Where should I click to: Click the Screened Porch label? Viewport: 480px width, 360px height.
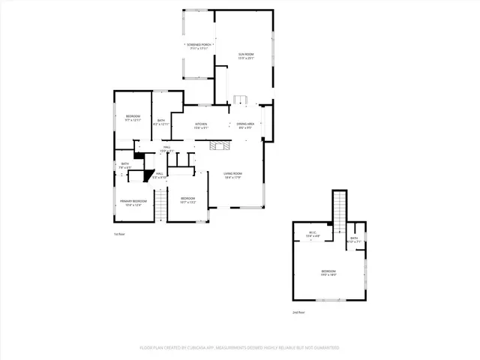tap(199, 46)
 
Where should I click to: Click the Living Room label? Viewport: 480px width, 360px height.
tap(232, 175)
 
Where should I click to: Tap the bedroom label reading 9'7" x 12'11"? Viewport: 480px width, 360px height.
tap(133, 118)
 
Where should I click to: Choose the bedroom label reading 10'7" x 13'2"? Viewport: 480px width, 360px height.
tap(187, 199)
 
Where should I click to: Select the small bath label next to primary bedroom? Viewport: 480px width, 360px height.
tap(125, 165)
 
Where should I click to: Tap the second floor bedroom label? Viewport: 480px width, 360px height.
tap(328, 272)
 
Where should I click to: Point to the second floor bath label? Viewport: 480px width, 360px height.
tap(354, 239)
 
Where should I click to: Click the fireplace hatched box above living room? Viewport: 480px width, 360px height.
tap(218, 145)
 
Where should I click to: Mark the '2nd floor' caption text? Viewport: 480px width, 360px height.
tap(298, 312)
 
